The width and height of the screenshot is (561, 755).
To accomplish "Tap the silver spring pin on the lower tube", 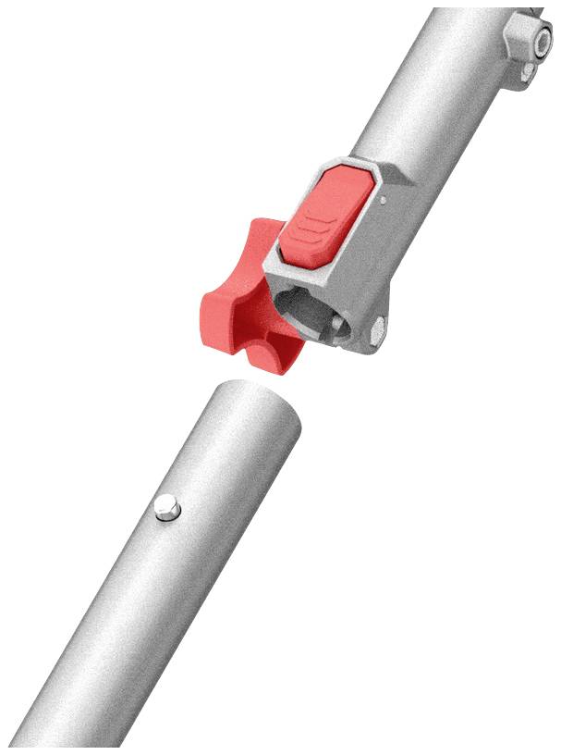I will click(x=167, y=507).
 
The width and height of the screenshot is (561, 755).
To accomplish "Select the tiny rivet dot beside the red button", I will click(x=381, y=196).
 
